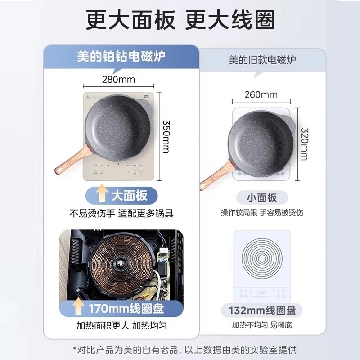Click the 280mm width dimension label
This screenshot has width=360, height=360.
point(118,80)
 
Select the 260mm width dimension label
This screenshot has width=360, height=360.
point(261,94)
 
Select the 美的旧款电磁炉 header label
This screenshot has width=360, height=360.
point(262,60)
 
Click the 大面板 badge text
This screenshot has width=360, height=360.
point(129,195)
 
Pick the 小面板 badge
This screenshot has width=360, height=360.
point(261,197)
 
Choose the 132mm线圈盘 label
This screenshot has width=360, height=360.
point(261,310)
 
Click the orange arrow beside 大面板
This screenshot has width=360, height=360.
point(101,195)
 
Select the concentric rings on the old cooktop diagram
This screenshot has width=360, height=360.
point(262,259)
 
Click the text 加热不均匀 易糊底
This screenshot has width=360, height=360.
point(261,325)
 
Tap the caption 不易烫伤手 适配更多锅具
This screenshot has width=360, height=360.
point(121,213)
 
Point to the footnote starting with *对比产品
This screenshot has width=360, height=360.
point(180,349)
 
